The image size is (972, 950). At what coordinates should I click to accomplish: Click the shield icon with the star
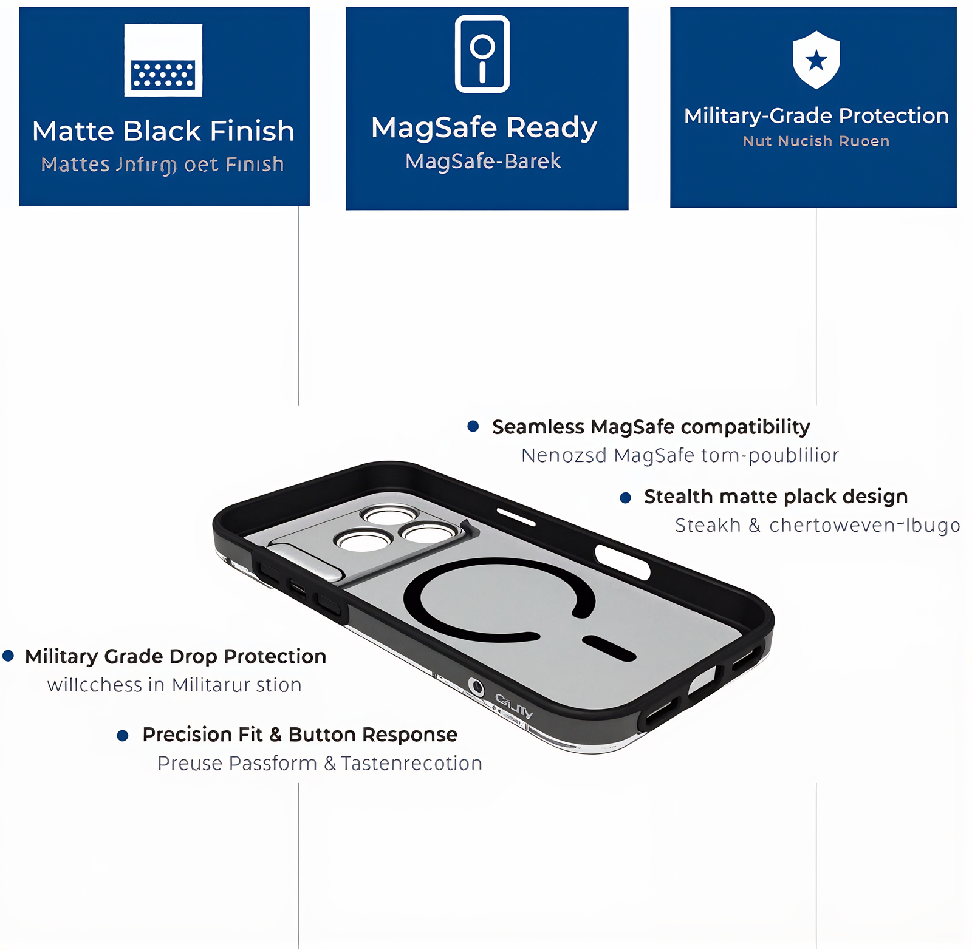pos(816,59)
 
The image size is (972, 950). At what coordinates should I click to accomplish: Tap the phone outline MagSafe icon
pos(482,54)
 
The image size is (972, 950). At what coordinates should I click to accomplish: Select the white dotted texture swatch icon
pos(163,60)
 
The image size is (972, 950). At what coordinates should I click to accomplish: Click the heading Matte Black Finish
pos(163,131)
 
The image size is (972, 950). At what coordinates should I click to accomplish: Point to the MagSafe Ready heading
pos(484,128)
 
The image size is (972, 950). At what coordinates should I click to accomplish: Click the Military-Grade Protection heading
pos(816,115)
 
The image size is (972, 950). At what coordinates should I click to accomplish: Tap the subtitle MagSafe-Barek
pos(483,161)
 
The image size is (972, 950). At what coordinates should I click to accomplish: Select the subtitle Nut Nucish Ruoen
pos(816,141)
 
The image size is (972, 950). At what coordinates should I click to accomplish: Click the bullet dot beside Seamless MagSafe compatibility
pos(473,426)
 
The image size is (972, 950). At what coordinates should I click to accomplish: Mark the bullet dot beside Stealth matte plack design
pos(625,498)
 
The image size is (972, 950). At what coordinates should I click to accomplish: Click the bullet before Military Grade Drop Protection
pos(9,656)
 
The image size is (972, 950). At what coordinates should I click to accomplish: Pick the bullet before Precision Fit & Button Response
pos(123,736)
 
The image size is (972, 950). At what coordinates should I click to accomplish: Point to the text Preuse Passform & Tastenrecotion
pos(320,763)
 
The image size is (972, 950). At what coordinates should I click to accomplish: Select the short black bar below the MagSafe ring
pos(609,648)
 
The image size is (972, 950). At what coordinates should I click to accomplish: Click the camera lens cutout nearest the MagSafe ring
pos(430,534)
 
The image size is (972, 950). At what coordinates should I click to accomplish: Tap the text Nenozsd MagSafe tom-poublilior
pos(680,455)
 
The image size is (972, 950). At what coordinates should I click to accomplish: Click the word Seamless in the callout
pos(538,427)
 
